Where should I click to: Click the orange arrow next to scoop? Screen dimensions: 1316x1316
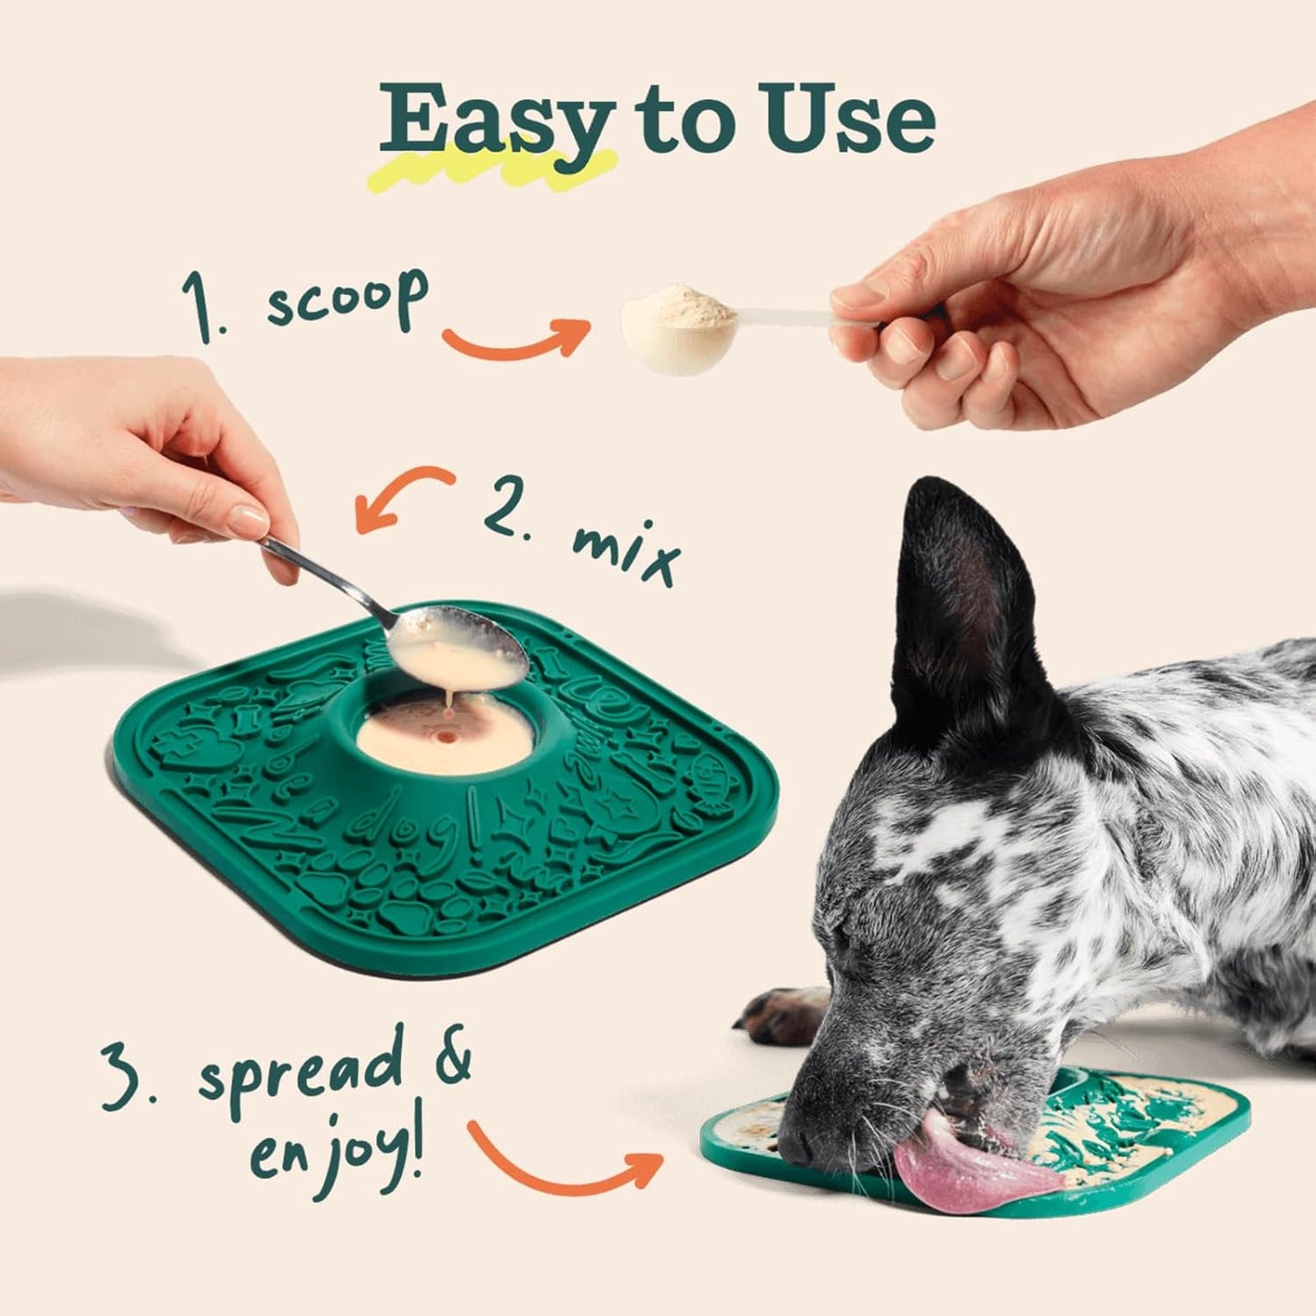[515, 342]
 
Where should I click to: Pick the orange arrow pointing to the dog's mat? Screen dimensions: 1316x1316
[565, 1161]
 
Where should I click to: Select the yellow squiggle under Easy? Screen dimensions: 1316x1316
[496, 168]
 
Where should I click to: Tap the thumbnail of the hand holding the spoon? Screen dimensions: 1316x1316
[248, 521]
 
